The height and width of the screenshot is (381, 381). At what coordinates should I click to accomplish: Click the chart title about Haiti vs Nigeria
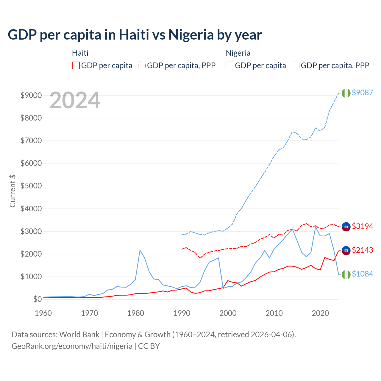point(135,35)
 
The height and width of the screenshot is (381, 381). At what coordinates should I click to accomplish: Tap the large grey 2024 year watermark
point(75,101)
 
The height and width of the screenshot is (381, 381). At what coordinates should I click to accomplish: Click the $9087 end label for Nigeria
point(362,93)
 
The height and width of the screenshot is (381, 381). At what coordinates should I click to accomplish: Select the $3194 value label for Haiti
point(362,226)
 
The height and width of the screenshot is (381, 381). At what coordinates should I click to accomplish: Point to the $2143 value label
point(362,250)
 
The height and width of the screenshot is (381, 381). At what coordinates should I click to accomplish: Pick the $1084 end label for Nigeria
point(362,274)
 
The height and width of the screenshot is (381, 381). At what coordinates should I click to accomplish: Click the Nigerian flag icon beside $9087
point(346,93)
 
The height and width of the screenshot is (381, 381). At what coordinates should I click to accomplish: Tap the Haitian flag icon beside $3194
point(346,227)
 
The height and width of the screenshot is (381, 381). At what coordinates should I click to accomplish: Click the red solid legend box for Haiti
point(76,65)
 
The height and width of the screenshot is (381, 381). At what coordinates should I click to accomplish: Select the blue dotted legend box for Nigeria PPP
point(296,65)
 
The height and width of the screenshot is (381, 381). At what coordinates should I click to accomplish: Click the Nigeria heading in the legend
point(238,53)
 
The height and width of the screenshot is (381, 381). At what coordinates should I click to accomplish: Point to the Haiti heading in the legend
point(80,53)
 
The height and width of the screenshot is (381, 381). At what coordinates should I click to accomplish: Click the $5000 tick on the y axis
point(31,186)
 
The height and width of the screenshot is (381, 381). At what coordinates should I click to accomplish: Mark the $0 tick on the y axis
point(37,299)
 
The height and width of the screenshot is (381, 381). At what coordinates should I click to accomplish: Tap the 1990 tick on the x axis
point(182,313)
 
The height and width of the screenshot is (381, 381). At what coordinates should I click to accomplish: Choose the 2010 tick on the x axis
point(274,313)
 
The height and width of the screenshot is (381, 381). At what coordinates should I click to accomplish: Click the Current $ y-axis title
point(13,191)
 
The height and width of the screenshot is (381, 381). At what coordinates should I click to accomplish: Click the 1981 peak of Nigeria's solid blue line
point(140,250)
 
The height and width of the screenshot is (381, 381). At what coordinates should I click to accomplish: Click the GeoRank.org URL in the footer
point(72,346)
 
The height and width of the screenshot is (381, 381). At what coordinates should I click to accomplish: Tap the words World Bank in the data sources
point(79,335)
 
